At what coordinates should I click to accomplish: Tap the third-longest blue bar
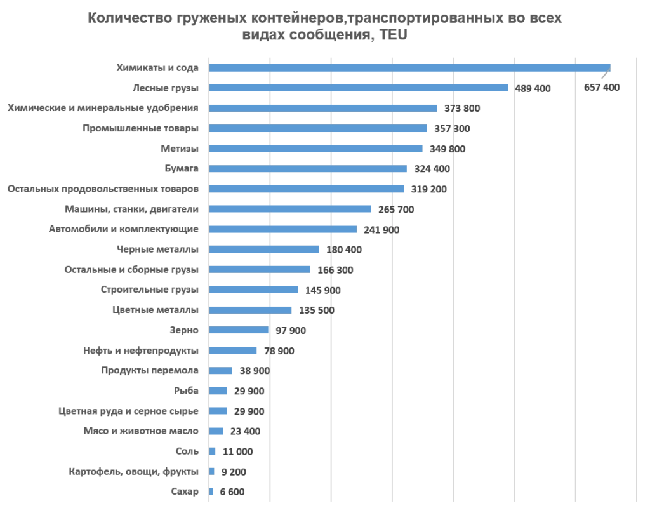click(x=324, y=107)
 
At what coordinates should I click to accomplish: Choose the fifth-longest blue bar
click(x=317, y=149)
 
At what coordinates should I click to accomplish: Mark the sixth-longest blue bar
click(x=309, y=168)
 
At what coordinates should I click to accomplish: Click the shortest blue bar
click(x=211, y=492)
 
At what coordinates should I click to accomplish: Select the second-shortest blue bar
click(x=213, y=472)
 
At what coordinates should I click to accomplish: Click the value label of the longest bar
click(x=604, y=86)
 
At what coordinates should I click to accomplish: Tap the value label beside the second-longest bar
click(x=534, y=88)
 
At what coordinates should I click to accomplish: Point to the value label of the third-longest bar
click(x=461, y=107)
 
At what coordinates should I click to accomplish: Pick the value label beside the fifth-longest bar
click(x=447, y=149)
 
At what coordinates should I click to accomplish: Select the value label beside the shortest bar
click(x=233, y=492)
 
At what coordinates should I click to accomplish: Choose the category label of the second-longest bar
click(x=167, y=86)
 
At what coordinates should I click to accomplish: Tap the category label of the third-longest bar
click(x=102, y=107)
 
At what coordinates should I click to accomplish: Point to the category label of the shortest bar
click(x=185, y=492)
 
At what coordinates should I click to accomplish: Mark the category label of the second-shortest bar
click(x=134, y=472)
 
